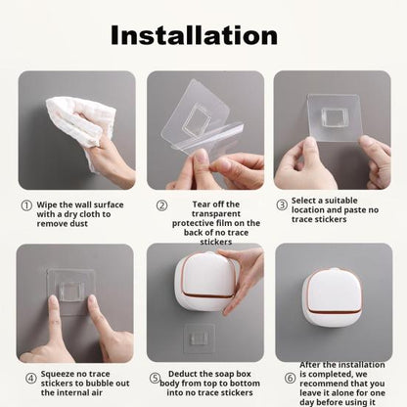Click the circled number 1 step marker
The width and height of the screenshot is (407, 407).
click(x=26, y=205)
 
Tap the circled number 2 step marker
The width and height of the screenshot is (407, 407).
click(x=161, y=205)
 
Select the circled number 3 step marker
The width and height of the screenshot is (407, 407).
click(x=282, y=205)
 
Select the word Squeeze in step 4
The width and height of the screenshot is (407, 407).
click(x=61, y=373)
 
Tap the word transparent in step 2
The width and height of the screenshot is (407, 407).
click(x=205, y=214)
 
